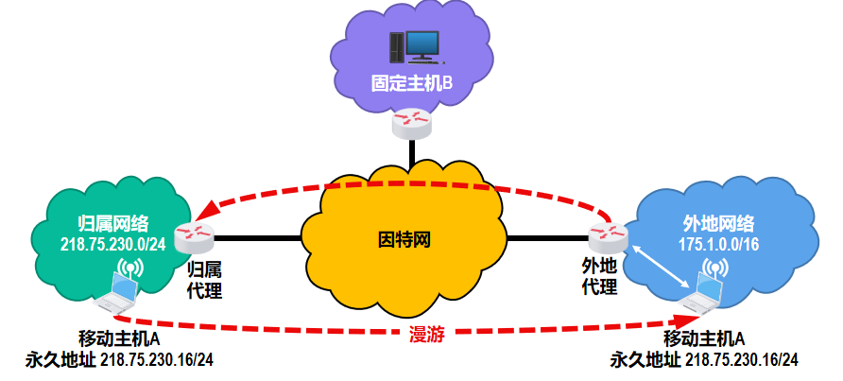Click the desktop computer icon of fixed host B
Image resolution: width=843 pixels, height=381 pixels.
pyautogui.click(x=413, y=46)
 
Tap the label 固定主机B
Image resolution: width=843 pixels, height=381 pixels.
pyautogui.click(x=412, y=84)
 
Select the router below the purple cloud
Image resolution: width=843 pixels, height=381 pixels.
pyautogui.click(x=412, y=118)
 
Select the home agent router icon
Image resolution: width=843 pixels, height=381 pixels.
pyautogui.click(x=197, y=233)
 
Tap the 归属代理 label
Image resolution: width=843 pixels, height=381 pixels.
pyautogui.click(x=204, y=277)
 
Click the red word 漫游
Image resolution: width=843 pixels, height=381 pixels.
pyautogui.click(x=426, y=333)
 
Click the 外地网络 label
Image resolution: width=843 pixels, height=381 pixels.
pyautogui.click(x=718, y=224)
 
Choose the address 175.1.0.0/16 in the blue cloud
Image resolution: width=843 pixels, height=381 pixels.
pyautogui.click(x=719, y=244)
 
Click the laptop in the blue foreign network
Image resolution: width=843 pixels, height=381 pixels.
pyautogui.click(x=703, y=294)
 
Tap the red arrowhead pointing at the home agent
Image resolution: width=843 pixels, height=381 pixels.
pyautogui.click(x=206, y=210)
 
